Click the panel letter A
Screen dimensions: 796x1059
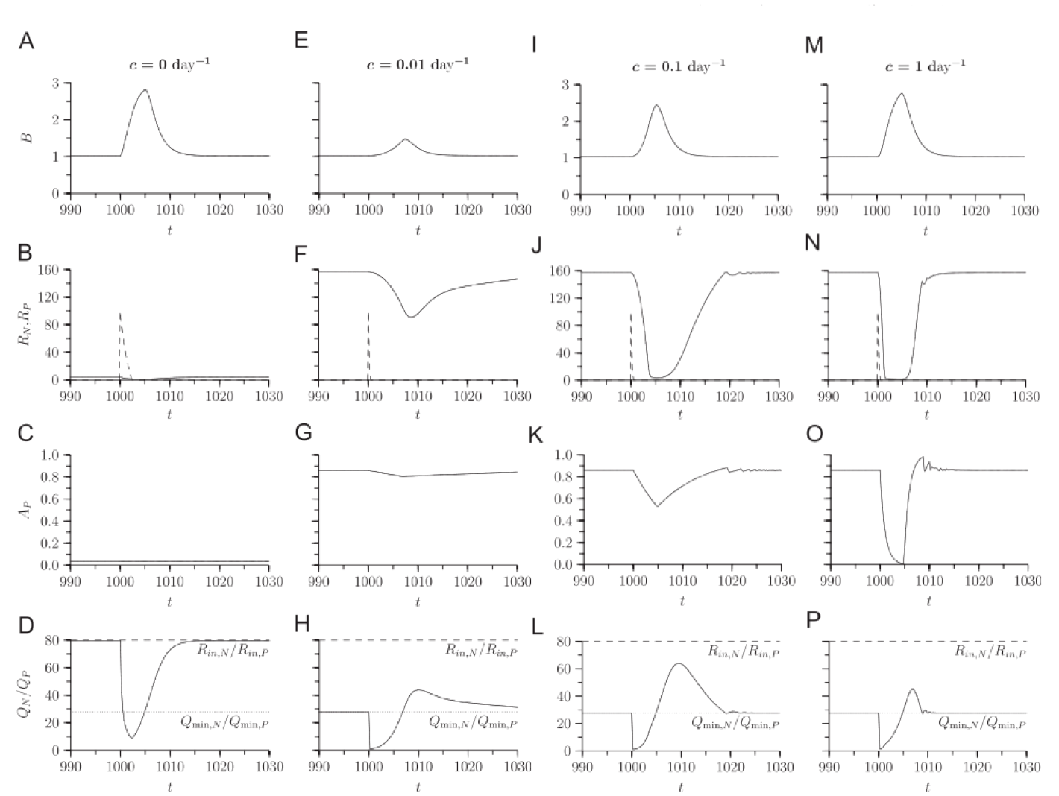26,42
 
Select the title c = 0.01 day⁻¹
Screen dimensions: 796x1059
418,64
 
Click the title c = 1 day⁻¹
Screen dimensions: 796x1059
925,66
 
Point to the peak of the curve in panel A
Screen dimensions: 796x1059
145,90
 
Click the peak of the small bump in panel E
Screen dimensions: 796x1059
405,139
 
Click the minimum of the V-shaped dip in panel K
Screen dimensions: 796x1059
657,507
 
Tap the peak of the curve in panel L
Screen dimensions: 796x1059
678,663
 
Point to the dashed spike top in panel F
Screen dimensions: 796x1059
368,314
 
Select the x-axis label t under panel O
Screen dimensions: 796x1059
928,601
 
